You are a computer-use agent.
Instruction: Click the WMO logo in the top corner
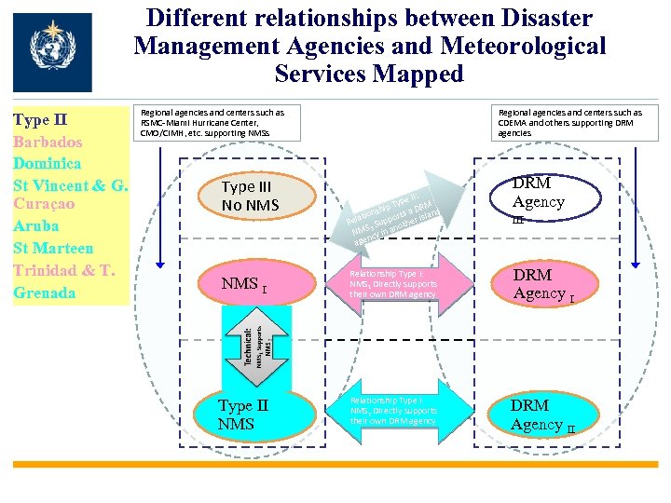tap(53, 52)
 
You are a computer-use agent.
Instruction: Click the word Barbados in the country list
tap(48, 142)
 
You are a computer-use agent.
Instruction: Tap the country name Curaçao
tap(44, 203)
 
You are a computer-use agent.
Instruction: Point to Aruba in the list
tap(36, 225)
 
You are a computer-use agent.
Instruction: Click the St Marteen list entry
tap(53, 248)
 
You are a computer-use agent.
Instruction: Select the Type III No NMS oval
tap(251, 195)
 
